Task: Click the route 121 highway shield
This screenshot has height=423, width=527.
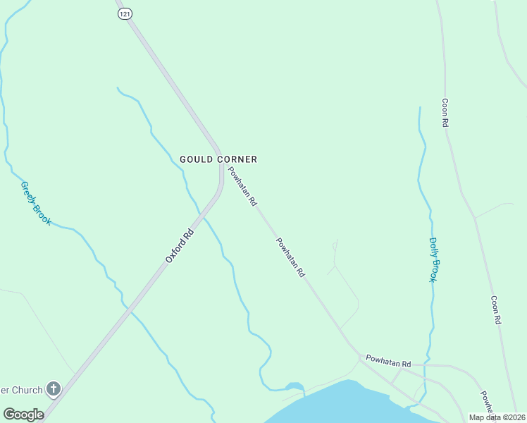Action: [125, 14]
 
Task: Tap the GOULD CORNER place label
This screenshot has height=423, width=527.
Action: [218, 159]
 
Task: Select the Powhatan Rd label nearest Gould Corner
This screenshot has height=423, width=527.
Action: [242, 186]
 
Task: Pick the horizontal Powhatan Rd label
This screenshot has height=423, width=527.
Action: [388, 362]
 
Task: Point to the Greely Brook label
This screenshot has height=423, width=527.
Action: [36, 203]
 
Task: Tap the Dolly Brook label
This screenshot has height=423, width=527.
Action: [434, 259]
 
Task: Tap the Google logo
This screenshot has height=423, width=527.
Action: [23, 415]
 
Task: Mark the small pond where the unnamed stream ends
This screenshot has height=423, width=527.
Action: [294, 386]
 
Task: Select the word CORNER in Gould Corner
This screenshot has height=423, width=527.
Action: [237, 159]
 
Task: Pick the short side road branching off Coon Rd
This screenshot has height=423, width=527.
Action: [495, 209]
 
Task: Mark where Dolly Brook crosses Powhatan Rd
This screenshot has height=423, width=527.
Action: [426, 364]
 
